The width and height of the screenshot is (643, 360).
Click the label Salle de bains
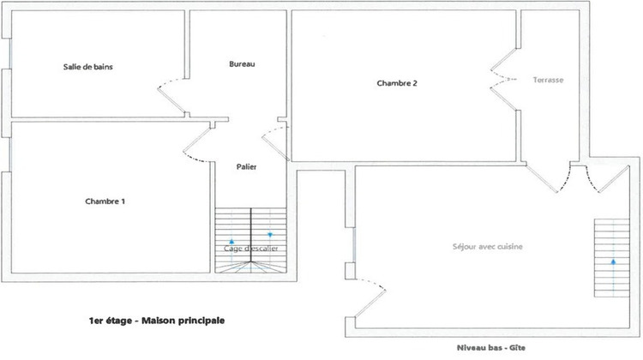pos(88,67)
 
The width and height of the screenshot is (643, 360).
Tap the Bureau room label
pos(243,64)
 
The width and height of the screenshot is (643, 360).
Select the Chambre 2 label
pos(397,83)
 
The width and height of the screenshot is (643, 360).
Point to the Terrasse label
pos(548,79)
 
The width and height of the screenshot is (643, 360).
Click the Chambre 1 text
pos(105,201)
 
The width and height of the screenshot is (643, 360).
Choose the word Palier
pos(247,166)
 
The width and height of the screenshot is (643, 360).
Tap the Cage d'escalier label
pos(250,249)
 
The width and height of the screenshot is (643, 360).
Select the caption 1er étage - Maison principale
pos(156,321)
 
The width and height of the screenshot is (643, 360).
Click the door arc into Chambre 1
pos(197,146)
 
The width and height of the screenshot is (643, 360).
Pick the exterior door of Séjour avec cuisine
pos(369,296)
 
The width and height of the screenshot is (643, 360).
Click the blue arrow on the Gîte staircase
pos(614,260)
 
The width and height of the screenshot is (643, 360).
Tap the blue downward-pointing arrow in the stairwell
pos(270,234)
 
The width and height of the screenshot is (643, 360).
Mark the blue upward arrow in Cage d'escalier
pos(231,242)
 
